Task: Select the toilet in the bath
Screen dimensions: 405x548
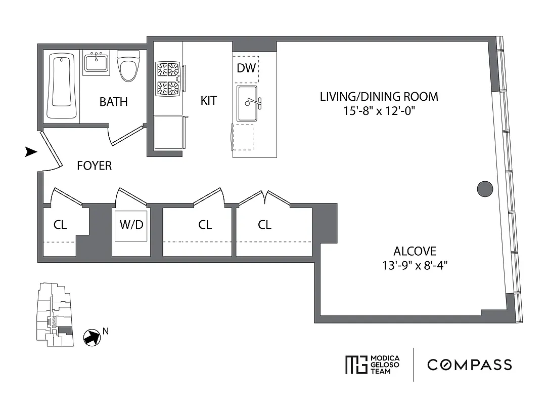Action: [x=128, y=65]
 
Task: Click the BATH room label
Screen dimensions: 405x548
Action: [x=113, y=102]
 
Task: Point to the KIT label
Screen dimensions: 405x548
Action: [x=208, y=101]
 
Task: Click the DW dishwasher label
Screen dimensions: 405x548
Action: [x=246, y=68]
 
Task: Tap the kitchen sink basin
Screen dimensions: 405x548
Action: [x=247, y=103]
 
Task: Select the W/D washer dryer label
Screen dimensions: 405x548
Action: [x=131, y=224]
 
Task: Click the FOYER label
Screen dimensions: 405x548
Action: [x=94, y=166]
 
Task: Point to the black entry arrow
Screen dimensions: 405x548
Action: [x=31, y=152]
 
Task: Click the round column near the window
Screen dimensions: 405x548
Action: [x=485, y=189]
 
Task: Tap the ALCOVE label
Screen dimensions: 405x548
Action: [x=415, y=251]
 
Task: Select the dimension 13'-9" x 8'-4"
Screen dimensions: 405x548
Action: [x=415, y=264]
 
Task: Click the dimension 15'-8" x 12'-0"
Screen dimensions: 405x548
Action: [x=379, y=110]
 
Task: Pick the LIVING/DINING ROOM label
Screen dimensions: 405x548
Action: [x=379, y=96]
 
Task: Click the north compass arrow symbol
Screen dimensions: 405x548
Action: [x=92, y=337]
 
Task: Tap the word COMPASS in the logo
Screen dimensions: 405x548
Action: [x=469, y=364]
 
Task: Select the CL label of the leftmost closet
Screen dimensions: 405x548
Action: [x=60, y=224]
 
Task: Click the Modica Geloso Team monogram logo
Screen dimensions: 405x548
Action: [x=355, y=364]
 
